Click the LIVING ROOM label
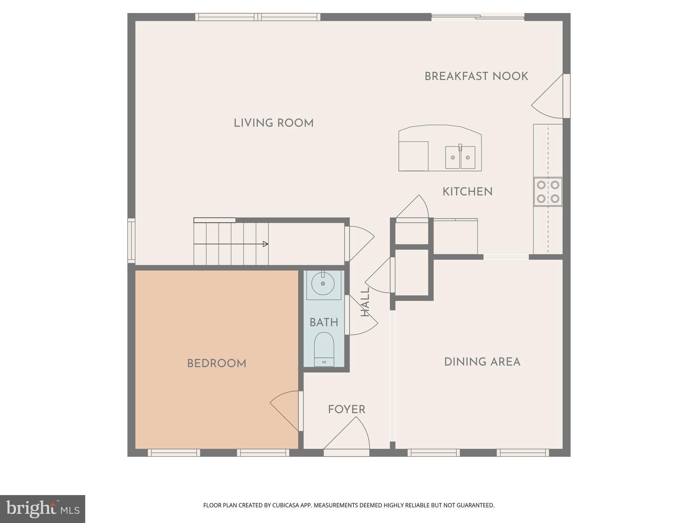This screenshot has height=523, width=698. click(x=273, y=123)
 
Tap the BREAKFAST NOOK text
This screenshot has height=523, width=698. click(x=476, y=76)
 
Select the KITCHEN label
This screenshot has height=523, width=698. click(x=467, y=192)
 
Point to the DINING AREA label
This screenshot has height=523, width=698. click(x=482, y=362)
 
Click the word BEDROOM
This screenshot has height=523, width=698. click(x=216, y=363)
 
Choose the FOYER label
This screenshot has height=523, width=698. click(x=346, y=409)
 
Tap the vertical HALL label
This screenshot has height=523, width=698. click(x=365, y=302)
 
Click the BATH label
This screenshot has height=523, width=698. click(x=323, y=322)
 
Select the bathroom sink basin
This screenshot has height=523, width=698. click(x=323, y=283)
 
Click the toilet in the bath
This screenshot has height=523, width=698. click(x=324, y=349)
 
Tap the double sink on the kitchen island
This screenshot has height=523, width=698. click(x=460, y=158)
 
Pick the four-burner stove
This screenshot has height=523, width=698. click(x=548, y=192)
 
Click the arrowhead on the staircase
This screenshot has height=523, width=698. click(x=265, y=244)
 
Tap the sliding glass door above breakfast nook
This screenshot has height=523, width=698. click(x=477, y=17)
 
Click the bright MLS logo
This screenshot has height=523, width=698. click(x=42, y=509)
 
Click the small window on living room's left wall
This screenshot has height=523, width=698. click(x=131, y=241)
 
